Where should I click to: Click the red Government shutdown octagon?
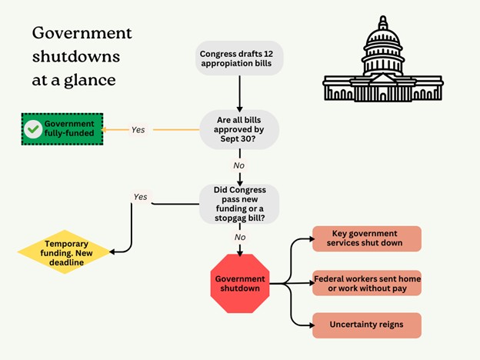[x=240, y=284]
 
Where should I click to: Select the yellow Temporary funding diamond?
[x=65, y=252]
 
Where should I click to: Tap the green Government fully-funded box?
[x=62, y=129]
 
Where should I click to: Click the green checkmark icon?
[x=33, y=129]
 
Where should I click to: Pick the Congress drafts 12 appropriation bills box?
[x=239, y=58]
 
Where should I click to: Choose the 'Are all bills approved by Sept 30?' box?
[x=239, y=129]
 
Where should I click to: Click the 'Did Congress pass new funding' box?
[x=239, y=204]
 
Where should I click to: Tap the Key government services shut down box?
[x=367, y=238]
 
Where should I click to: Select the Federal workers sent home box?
[x=367, y=283]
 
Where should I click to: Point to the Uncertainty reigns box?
[x=367, y=325]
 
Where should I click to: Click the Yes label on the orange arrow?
[x=138, y=130]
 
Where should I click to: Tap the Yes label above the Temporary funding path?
[x=140, y=197]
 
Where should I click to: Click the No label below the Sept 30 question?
[x=239, y=165]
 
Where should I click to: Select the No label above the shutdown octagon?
[x=240, y=237]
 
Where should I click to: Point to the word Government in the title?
[x=82, y=33]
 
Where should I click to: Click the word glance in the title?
[x=90, y=81]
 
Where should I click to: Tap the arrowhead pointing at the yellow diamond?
[x=112, y=252]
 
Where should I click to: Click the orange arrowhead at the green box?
[x=104, y=130]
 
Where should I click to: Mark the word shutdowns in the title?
[x=76, y=57]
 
